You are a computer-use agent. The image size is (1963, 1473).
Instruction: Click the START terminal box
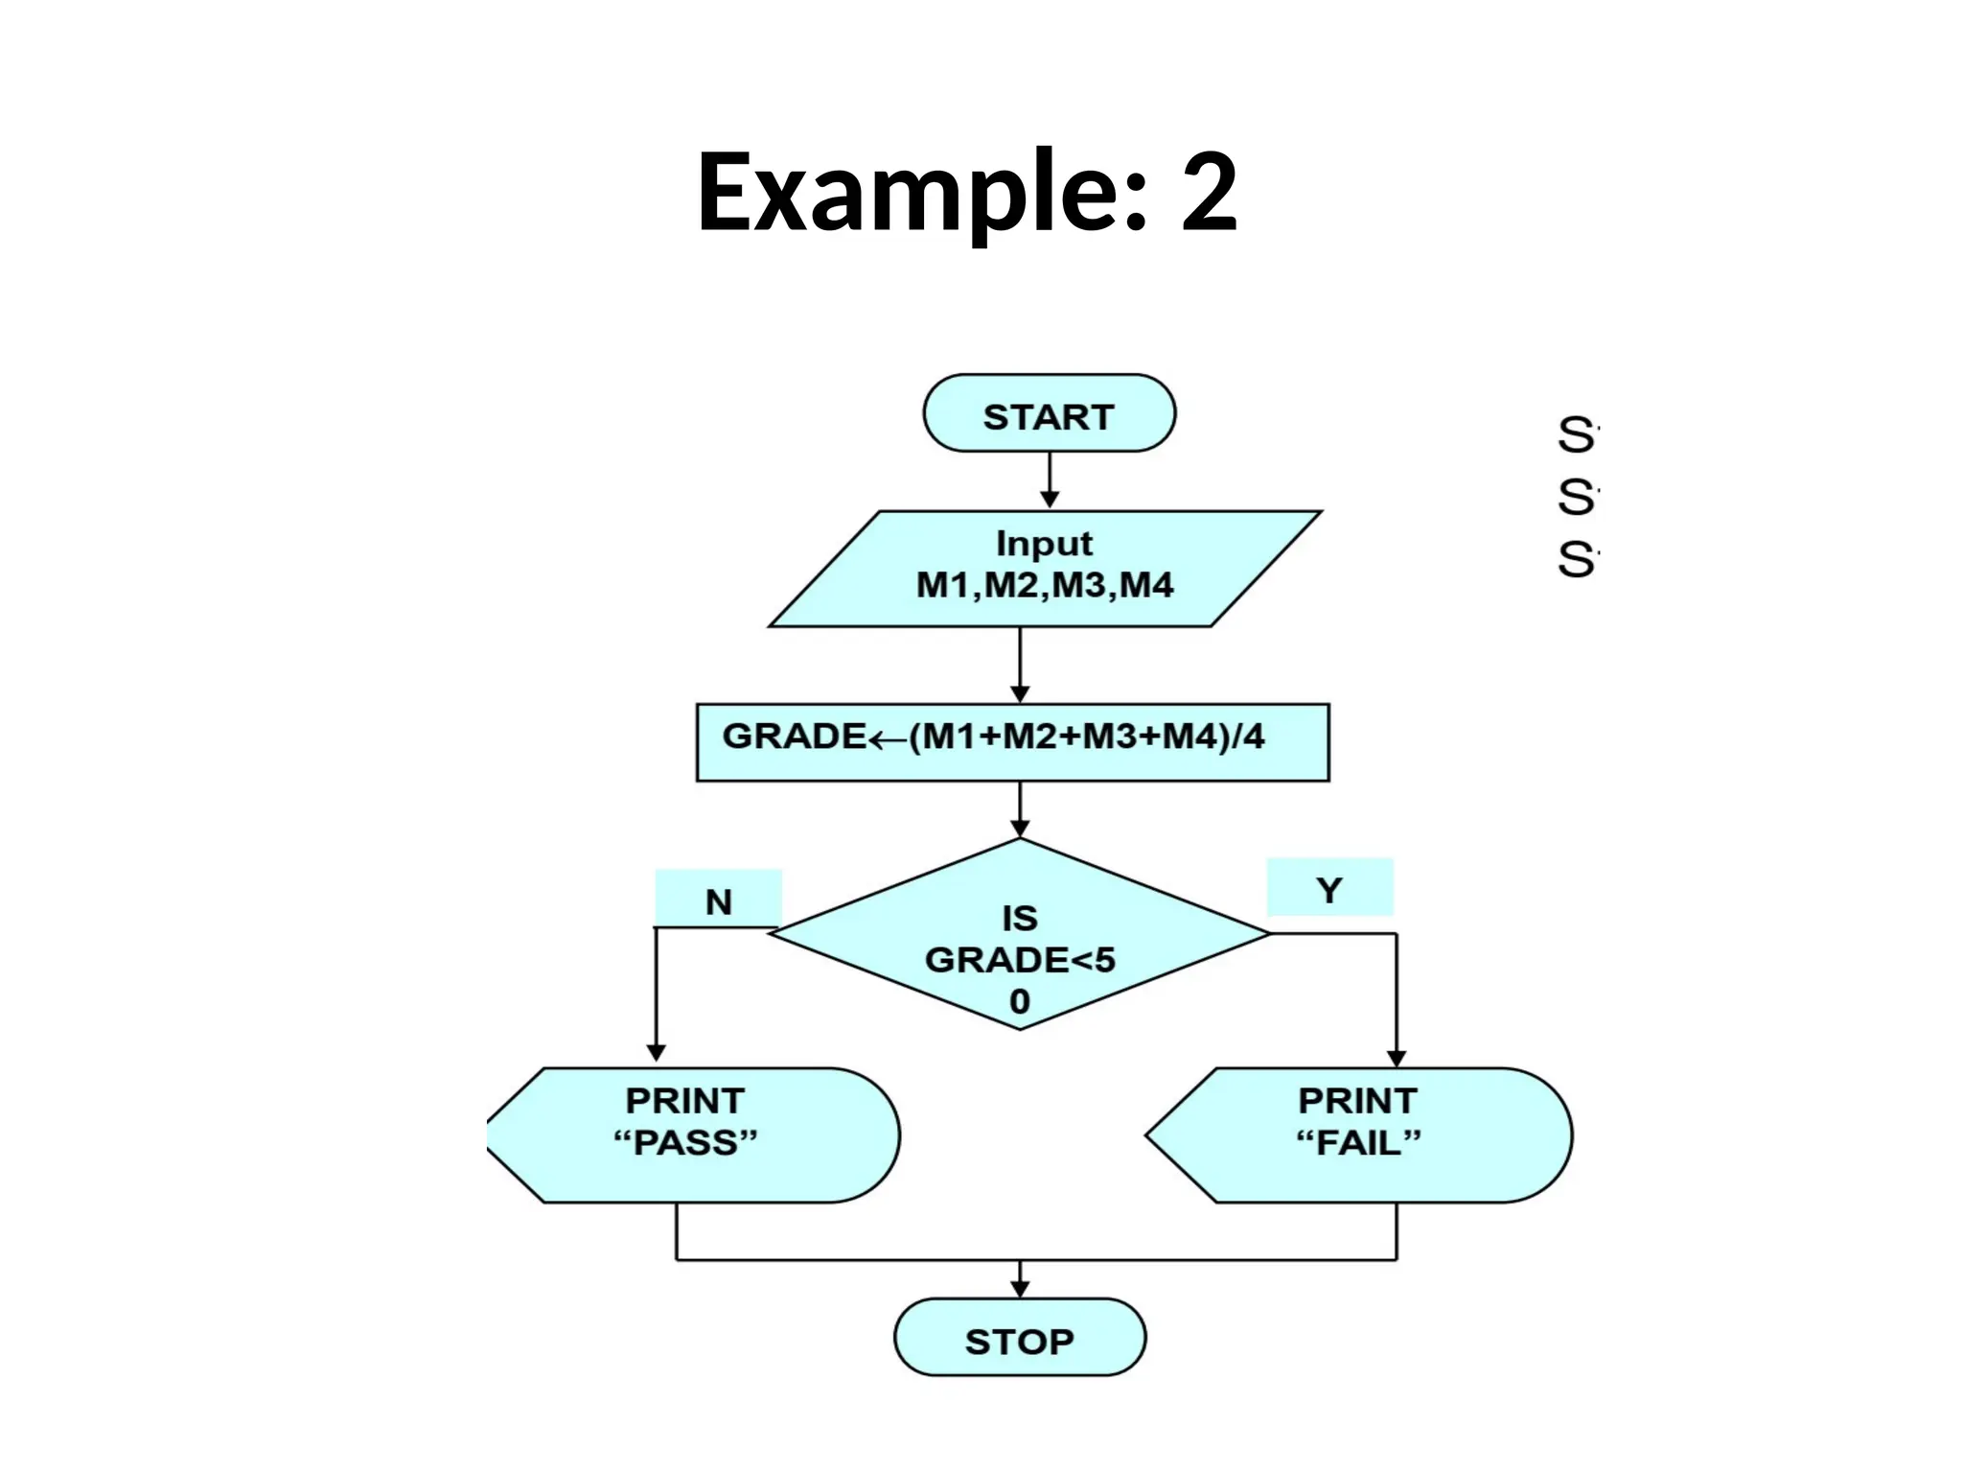click(x=1049, y=413)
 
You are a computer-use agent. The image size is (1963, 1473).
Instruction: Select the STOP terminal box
click(x=1019, y=1337)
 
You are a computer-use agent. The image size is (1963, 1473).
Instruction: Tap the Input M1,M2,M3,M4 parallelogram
click(x=1045, y=569)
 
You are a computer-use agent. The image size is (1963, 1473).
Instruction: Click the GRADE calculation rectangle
click(x=1012, y=742)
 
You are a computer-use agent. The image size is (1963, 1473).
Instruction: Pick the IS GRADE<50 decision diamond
click(x=1020, y=935)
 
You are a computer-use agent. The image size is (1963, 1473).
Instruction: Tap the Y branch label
click(x=1329, y=888)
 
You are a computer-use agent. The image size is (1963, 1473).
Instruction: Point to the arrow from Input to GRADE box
click(x=1020, y=664)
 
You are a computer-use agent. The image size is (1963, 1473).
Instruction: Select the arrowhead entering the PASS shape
click(x=657, y=1052)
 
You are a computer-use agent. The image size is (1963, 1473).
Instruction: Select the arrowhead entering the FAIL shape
click(x=1397, y=1056)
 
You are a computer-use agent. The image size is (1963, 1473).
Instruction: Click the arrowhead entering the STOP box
click(x=1020, y=1289)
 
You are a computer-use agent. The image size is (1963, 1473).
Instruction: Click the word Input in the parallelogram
click(x=1044, y=543)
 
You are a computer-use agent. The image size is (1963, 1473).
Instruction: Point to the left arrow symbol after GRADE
click(x=888, y=738)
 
